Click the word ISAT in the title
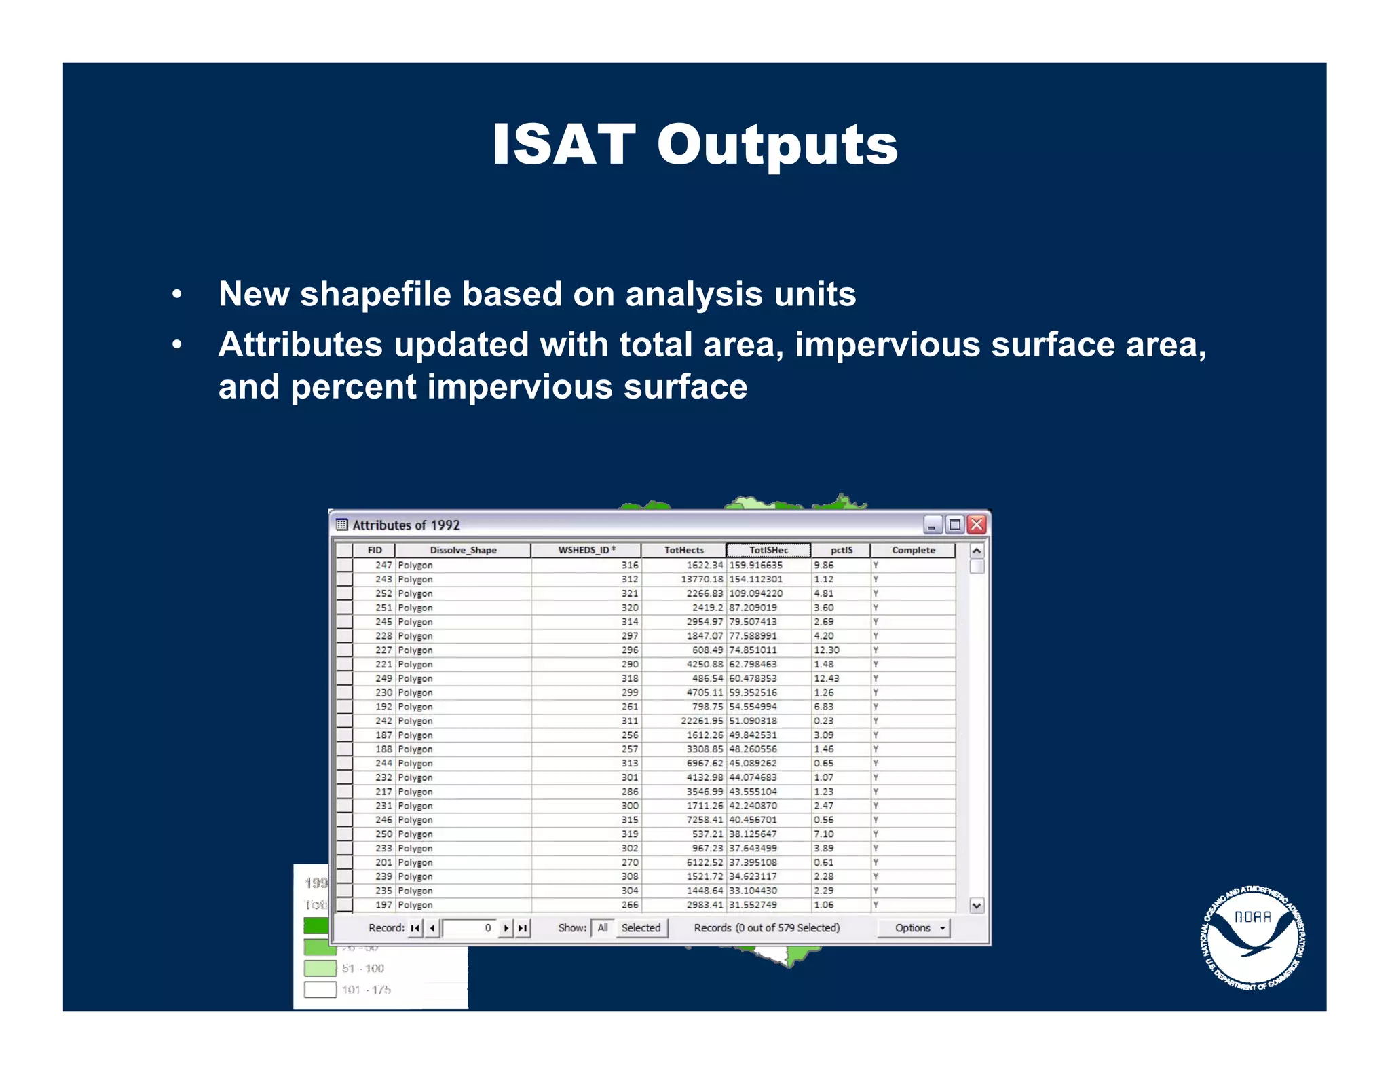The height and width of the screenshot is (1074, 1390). click(563, 145)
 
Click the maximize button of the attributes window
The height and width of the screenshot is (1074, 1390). click(954, 524)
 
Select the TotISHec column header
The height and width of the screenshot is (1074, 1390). click(768, 550)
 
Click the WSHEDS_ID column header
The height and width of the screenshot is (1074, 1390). click(586, 550)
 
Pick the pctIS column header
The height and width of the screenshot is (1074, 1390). click(841, 550)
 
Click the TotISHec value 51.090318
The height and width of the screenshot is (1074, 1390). click(753, 720)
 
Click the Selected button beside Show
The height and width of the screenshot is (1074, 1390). click(641, 927)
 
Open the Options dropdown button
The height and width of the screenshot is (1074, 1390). click(914, 927)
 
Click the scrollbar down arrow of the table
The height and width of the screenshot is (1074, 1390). click(977, 905)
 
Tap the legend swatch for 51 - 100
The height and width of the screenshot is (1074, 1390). click(320, 968)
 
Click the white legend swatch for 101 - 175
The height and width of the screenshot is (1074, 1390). click(320, 989)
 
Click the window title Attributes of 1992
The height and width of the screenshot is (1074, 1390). click(406, 525)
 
